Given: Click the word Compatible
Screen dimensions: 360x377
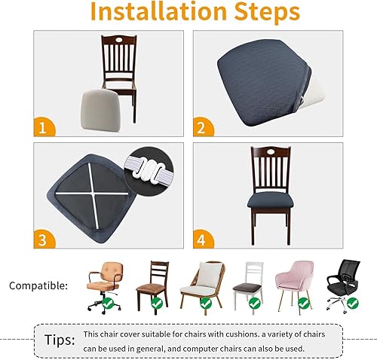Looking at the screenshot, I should coord(38,286).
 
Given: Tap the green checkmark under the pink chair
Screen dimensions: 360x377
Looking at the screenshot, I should coord(303,304).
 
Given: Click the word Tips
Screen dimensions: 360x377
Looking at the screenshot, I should coord(59,340).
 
